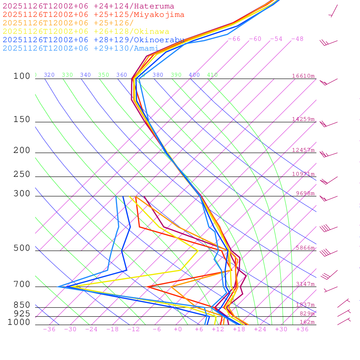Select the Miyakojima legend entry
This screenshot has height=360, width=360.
93,14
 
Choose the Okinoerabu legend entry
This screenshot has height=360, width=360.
93,40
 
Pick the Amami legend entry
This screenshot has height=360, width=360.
81,49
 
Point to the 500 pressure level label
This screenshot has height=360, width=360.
22,248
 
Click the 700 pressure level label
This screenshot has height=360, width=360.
22,284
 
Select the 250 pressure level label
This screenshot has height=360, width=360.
22,174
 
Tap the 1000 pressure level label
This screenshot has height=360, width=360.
19,322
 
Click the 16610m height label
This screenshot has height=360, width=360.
303,76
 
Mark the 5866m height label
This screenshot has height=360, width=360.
305,248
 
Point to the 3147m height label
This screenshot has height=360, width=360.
305,284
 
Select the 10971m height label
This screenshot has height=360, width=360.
303,174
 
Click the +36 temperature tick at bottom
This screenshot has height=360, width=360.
302,329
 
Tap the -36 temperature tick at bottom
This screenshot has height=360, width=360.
49,329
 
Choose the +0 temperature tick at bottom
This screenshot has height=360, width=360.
178,329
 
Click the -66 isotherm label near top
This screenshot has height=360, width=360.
234,39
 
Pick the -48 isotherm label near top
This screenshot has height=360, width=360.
297,39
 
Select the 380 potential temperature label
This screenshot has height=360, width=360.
158,75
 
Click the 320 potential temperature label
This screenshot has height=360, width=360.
49,75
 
